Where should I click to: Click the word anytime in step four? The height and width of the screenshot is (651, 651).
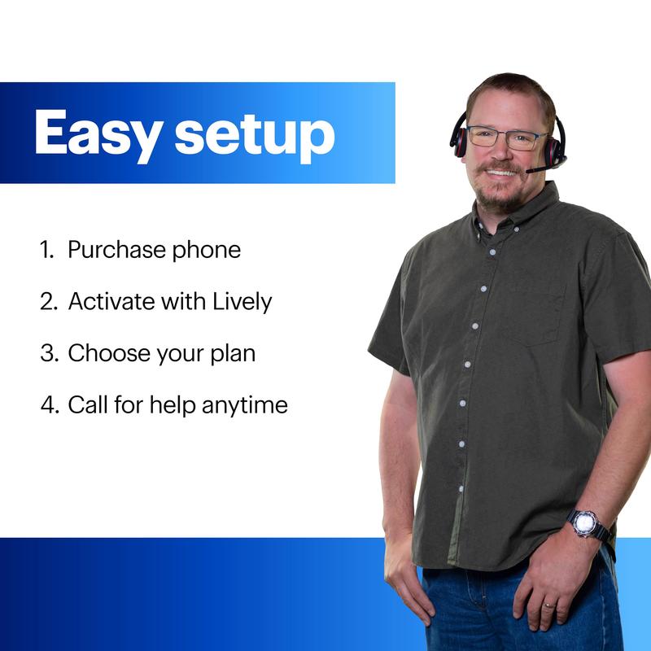(x=247, y=404)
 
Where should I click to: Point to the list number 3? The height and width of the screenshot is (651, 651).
(x=46, y=353)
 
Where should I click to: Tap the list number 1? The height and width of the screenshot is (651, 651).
(x=46, y=250)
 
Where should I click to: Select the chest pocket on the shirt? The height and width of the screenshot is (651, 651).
(x=534, y=313)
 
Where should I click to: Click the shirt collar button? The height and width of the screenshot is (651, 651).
(x=492, y=251)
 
